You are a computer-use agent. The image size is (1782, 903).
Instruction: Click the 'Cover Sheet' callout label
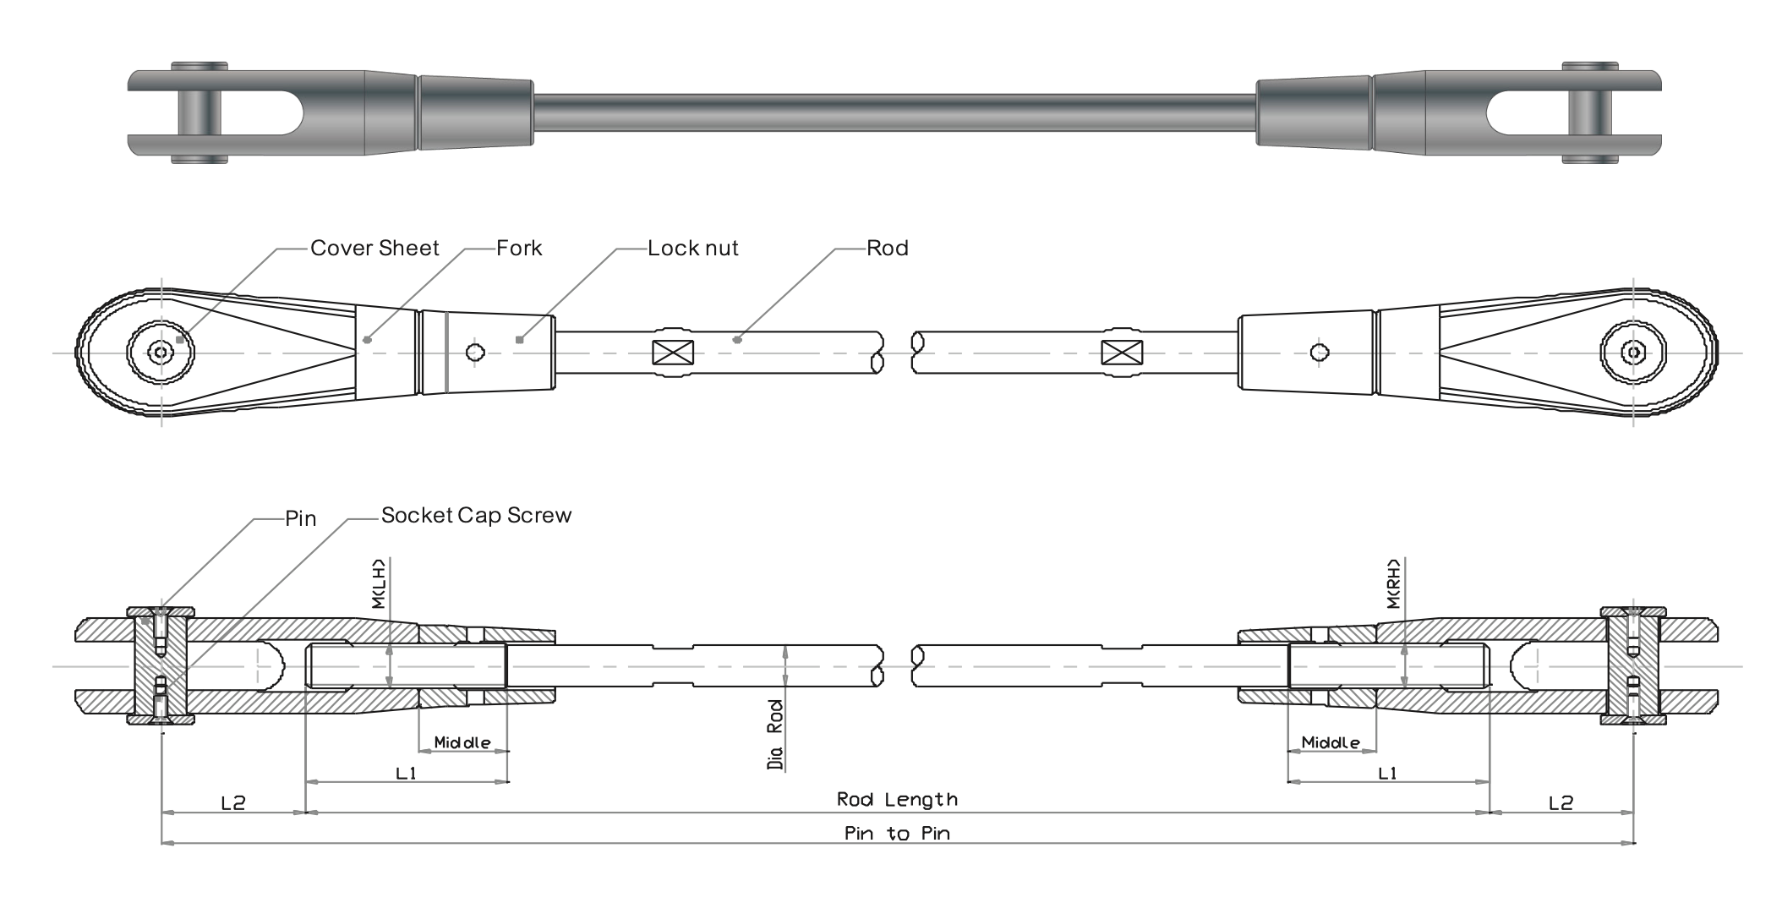374,249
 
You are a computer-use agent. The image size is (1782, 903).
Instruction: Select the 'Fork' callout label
519,249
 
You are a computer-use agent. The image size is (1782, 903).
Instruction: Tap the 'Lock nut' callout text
692,249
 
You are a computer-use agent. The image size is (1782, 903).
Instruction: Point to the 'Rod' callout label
887,249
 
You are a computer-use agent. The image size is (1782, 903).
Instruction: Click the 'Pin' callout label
300,518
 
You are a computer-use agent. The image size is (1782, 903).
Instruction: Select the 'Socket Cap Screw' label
476,516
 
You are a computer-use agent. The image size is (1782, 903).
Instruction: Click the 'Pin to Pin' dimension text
897,834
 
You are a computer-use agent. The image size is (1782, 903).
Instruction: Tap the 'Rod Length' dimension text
897,799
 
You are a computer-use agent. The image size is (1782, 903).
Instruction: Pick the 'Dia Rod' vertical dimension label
775,735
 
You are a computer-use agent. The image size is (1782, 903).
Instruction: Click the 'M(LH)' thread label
378,583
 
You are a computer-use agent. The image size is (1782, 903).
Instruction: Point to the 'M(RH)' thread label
1393,583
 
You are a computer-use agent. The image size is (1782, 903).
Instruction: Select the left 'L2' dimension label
232,802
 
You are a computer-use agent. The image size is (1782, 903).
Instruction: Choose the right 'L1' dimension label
1387,773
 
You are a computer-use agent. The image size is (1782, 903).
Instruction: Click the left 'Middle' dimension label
462,742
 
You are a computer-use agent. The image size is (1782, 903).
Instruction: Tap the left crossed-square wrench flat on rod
673,353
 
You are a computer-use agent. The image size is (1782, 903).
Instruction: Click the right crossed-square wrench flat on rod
1122,353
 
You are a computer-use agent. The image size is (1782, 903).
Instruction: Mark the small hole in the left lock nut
475,352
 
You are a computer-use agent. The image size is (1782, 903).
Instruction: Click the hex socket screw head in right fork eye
1633,352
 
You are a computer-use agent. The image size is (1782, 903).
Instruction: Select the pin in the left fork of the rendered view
200,112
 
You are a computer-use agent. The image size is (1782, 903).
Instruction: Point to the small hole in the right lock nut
1318,352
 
